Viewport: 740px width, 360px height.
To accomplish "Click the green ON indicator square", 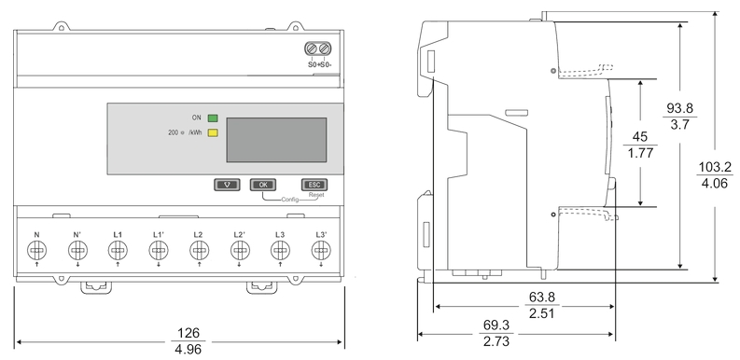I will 213,118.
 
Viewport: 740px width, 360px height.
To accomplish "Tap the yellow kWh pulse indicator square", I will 213,133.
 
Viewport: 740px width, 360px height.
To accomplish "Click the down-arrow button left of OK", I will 227,185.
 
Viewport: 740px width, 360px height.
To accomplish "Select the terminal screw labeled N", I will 35,250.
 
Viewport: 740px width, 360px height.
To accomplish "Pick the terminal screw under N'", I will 77,250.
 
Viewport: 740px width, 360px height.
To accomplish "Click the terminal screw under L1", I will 118,250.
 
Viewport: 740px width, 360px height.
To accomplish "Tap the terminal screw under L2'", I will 240,250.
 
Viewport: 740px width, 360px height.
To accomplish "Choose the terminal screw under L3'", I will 321,250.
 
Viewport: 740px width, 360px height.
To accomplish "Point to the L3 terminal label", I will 280,234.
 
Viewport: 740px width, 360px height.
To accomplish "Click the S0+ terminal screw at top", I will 313,49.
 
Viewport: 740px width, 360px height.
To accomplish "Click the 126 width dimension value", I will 181,332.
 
